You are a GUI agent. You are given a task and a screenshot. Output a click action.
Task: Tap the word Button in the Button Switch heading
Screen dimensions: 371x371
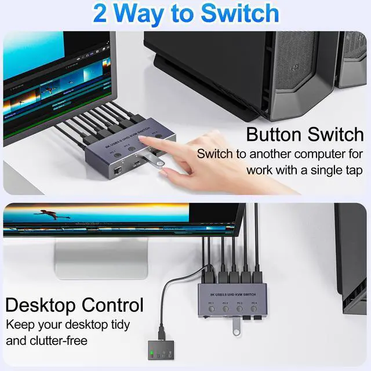coord(278,134)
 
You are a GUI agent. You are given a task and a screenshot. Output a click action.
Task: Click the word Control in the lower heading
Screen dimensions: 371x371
coord(112,305)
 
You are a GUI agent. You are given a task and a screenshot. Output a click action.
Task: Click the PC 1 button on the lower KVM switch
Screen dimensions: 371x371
coord(212,310)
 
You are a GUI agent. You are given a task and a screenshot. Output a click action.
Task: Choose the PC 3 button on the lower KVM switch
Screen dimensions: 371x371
coord(239,310)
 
